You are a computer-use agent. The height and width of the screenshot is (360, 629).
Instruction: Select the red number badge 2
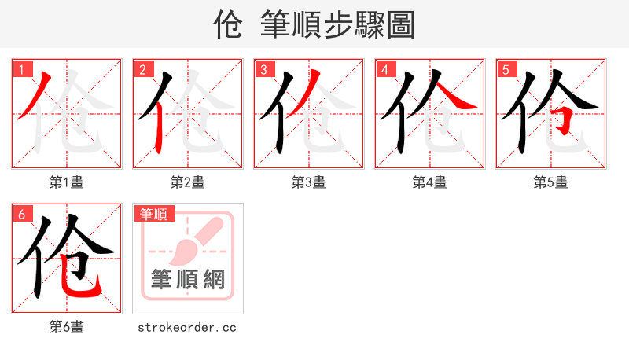142,70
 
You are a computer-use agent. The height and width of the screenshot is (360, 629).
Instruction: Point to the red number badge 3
263,70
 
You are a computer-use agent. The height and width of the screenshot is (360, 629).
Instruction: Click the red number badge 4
384,70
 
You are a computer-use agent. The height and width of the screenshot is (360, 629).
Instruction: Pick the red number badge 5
506,70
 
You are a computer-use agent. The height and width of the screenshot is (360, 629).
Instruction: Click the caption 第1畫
67,182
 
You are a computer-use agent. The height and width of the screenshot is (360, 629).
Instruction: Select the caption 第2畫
188,182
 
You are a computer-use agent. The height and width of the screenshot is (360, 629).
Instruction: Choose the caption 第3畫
309,182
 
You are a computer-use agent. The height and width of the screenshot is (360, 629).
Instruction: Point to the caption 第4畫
430,182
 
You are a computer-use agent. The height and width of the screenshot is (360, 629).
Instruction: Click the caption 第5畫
551,182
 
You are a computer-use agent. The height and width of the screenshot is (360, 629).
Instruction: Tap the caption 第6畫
67,327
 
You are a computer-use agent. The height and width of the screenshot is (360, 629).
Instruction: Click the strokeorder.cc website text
187,327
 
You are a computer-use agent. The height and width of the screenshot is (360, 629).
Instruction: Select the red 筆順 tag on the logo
154,214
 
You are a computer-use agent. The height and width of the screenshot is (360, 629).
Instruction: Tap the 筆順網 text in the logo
188,279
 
